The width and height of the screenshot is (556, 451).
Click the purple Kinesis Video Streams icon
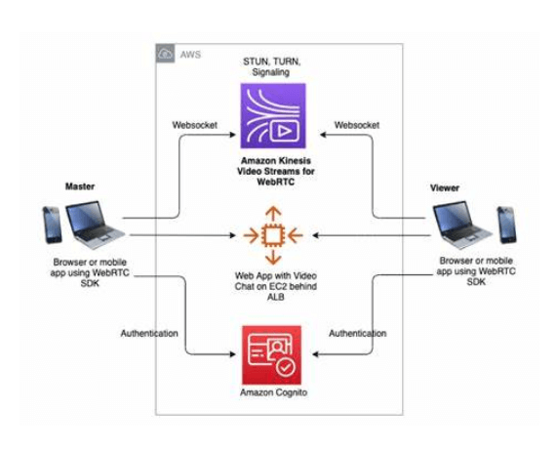(x=273, y=115)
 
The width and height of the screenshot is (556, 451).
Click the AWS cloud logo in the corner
(x=167, y=54)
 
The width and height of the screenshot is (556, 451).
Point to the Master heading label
(x=79, y=185)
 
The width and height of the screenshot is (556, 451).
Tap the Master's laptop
(x=95, y=224)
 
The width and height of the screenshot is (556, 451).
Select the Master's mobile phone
(x=51, y=225)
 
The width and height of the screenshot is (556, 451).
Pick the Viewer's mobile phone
(x=506, y=225)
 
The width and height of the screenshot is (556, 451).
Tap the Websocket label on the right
(x=356, y=125)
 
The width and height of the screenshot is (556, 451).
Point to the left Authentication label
(x=149, y=333)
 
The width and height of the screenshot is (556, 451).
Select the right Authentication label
(x=358, y=333)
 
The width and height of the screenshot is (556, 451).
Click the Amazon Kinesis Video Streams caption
(x=273, y=169)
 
